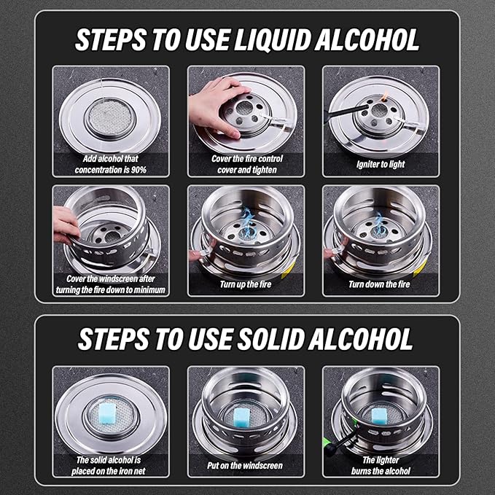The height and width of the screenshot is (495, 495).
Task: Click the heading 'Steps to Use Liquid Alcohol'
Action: click(x=247, y=40)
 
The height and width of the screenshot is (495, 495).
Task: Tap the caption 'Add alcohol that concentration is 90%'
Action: click(x=111, y=164)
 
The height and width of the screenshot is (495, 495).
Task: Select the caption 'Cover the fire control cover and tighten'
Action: click(x=247, y=164)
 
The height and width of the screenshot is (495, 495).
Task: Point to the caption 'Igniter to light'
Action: click(x=381, y=165)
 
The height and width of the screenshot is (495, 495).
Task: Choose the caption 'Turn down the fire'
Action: click(x=381, y=284)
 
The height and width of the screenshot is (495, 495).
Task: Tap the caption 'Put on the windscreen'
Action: click(x=247, y=465)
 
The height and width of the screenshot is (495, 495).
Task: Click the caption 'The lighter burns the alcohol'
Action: click(x=381, y=465)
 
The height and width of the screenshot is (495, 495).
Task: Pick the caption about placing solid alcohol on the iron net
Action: click(x=111, y=465)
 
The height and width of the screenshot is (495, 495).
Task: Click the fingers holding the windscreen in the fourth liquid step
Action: click(x=66, y=223)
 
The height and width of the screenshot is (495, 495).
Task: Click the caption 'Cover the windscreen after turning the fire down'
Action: click(x=111, y=284)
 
